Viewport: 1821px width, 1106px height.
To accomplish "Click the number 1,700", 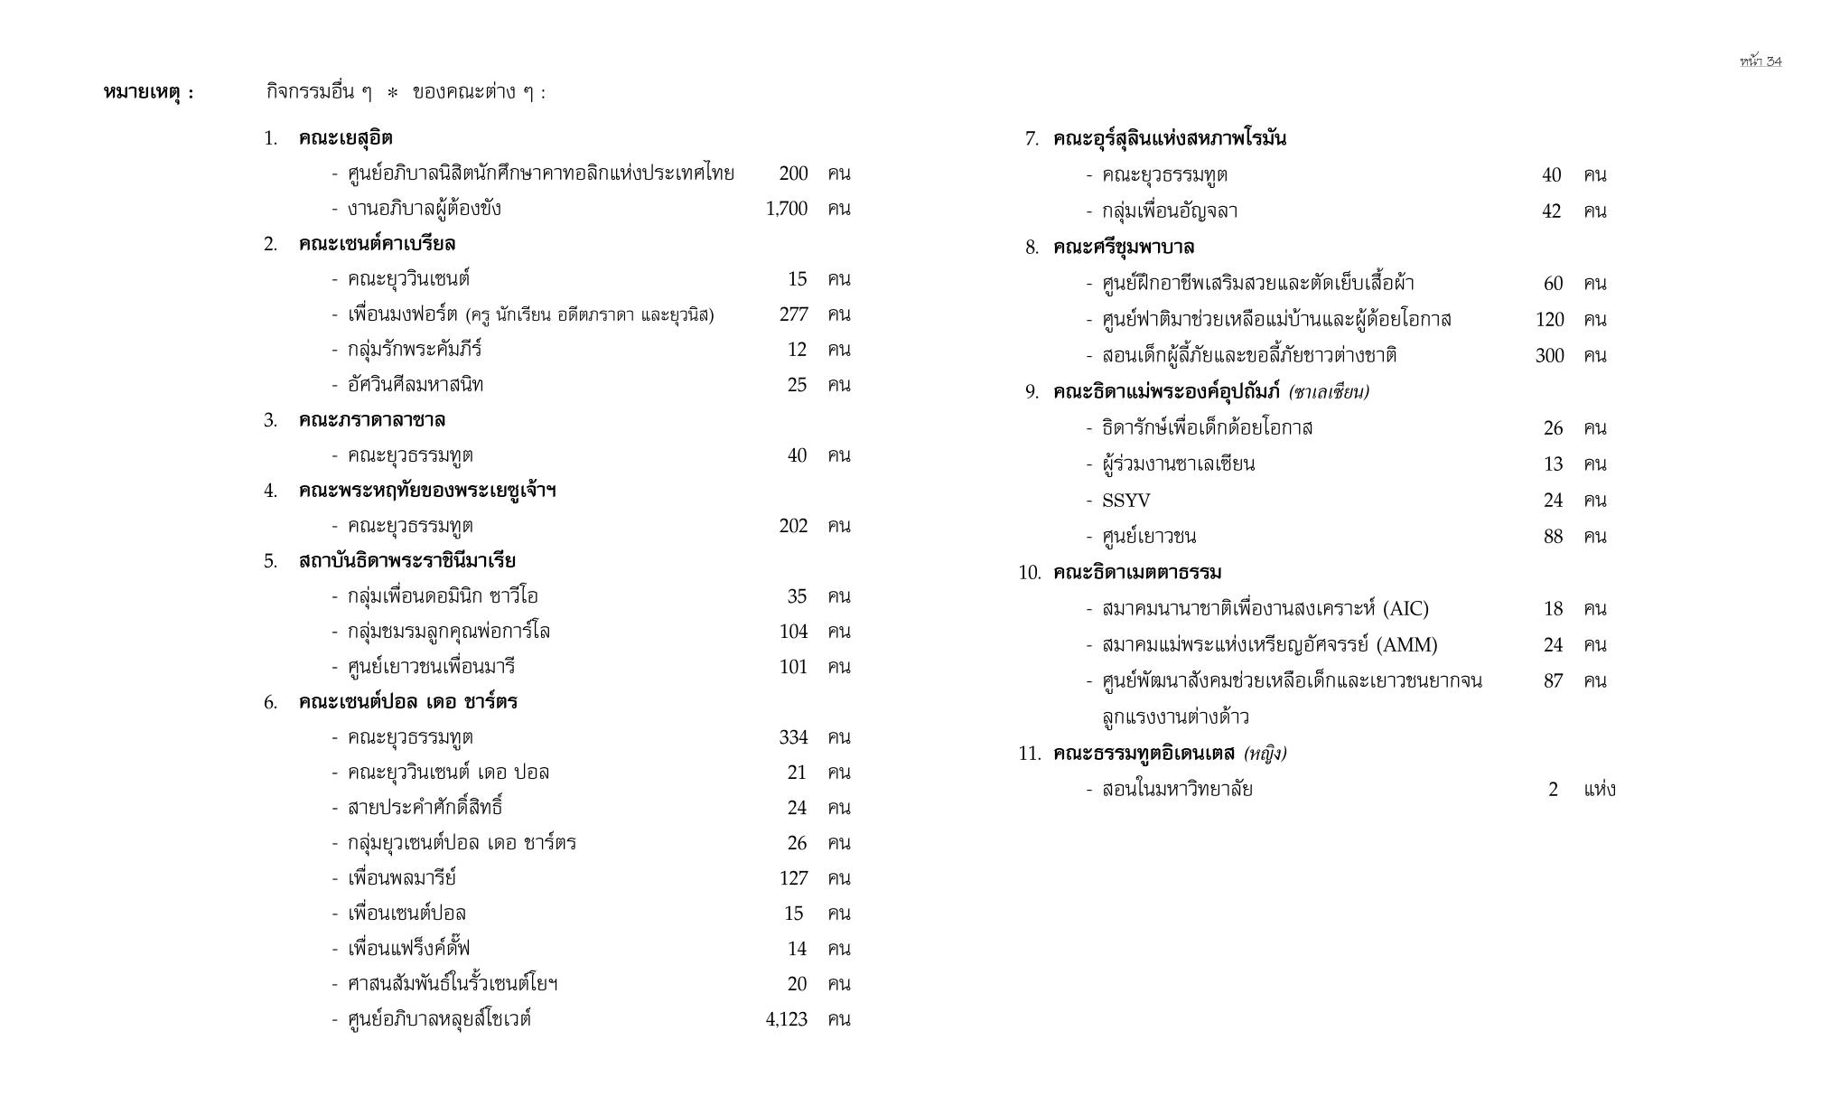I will (x=786, y=209).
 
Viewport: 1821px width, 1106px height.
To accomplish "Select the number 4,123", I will (x=786, y=1019).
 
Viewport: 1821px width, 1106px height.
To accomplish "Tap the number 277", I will (x=793, y=314).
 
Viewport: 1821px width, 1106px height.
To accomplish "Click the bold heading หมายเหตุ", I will (x=148, y=92).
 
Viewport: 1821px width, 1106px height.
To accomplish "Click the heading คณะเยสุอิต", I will (x=345, y=138).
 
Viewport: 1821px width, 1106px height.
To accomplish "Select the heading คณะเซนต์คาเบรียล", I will (x=377, y=244).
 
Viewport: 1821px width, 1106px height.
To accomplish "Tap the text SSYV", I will (x=1125, y=501).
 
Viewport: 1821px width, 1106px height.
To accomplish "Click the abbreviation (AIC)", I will (x=1405, y=609).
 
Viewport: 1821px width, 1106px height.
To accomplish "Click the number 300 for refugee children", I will (x=1549, y=356).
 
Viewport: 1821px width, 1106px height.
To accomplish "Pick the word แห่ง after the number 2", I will (x=1599, y=790).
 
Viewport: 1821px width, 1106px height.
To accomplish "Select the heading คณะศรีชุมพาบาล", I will (x=1123, y=248).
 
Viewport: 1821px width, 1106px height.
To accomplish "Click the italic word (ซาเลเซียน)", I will (x=1329, y=392).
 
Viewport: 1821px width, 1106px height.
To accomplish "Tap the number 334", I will (x=793, y=737).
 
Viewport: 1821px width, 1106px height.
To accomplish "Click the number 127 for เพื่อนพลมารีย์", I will (x=793, y=878).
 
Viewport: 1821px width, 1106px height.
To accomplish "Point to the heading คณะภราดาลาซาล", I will (x=371, y=420).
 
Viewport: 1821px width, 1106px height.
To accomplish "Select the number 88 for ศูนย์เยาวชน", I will (x=1553, y=537).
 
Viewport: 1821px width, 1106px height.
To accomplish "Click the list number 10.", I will (x=1029, y=573).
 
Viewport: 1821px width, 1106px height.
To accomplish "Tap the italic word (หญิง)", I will (x=1265, y=754).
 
